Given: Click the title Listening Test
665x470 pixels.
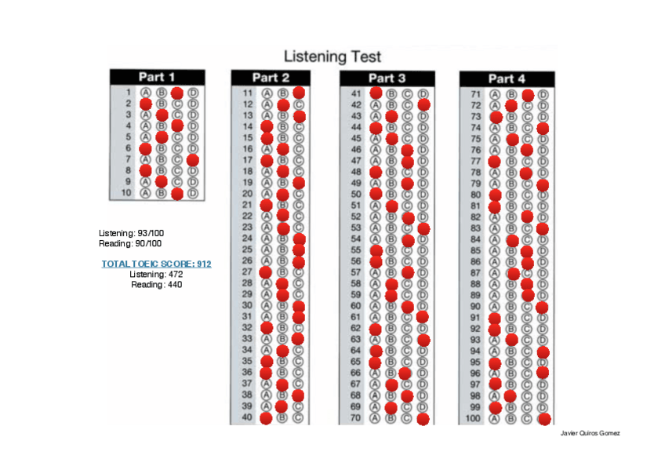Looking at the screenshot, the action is (332, 56).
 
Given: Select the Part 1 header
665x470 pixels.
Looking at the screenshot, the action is (157, 76).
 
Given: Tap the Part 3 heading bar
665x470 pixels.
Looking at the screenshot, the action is (387, 78).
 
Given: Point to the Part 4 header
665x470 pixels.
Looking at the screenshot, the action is (507, 78).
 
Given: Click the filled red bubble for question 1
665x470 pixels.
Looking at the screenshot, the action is (177, 93).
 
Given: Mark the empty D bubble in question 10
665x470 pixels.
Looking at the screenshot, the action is (193, 193).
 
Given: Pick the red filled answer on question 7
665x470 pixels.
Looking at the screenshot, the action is (193, 159).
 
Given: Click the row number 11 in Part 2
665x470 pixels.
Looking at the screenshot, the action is (248, 93).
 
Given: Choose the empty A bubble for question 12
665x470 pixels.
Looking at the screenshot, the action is (267, 104).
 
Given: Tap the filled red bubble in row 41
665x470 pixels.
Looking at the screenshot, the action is (376, 93).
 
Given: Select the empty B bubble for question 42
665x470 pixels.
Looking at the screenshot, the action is (391, 104).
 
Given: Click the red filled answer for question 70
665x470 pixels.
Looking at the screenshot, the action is (423, 419).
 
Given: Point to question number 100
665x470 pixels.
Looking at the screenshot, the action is (473, 419).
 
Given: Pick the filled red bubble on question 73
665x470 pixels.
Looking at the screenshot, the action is (496, 117).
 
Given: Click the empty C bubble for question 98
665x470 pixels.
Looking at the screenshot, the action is (528, 396).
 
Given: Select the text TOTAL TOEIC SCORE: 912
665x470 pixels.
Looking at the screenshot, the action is (157, 264).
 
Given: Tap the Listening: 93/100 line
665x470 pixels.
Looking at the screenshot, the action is (131, 233).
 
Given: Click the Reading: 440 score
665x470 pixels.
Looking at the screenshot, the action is (157, 284).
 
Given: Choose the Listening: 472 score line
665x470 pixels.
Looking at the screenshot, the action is (156, 274).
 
